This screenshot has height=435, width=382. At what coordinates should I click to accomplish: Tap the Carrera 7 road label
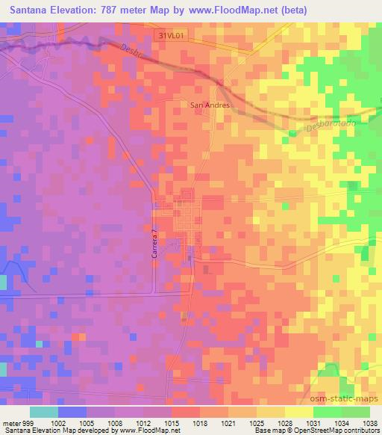pyautogui.click(x=155, y=244)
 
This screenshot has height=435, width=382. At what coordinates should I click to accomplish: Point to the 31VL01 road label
pyautogui.click(x=172, y=35)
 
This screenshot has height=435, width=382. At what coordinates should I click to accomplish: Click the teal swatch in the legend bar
pyautogui.click(x=44, y=412)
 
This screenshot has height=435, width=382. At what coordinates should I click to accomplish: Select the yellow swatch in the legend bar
pyautogui.click(x=298, y=412)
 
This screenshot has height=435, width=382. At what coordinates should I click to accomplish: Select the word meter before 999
pyautogui.click(x=13, y=422)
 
